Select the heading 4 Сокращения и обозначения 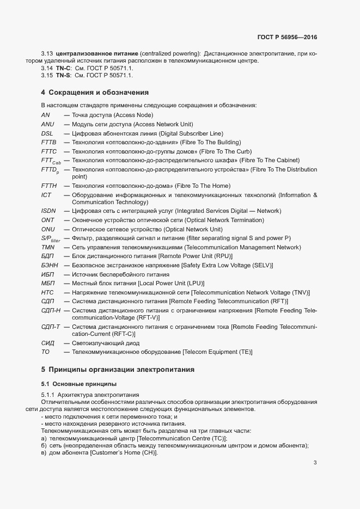[95, 92]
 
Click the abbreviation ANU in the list [47, 124]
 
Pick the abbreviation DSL [47, 133]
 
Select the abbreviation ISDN [48, 211]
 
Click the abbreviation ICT [46, 194]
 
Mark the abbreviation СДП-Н [51, 310]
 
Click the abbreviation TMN [48, 247]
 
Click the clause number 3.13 [47, 53]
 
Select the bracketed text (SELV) [261, 265]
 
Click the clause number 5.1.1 [48, 394]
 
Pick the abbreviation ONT [47, 220]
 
